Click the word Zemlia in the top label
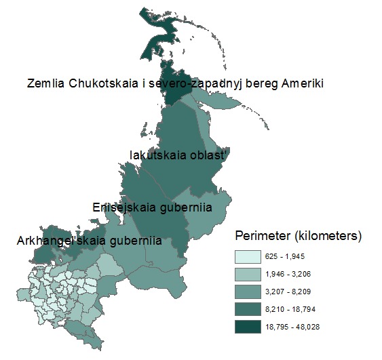tap(47, 84)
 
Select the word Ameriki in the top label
tap(299, 84)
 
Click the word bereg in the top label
tap(258, 84)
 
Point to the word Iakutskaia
tap(156, 155)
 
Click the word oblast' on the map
tap(209, 155)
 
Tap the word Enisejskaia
tap(123, 207)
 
